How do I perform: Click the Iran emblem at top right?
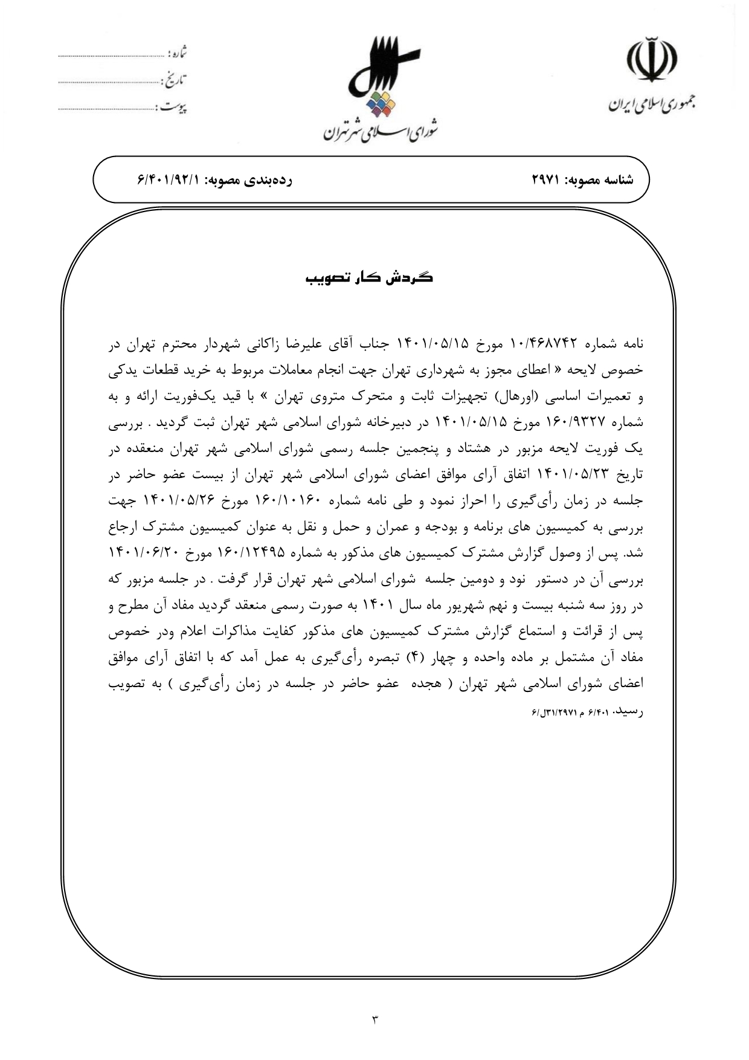651,60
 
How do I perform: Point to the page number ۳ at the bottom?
374,1020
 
